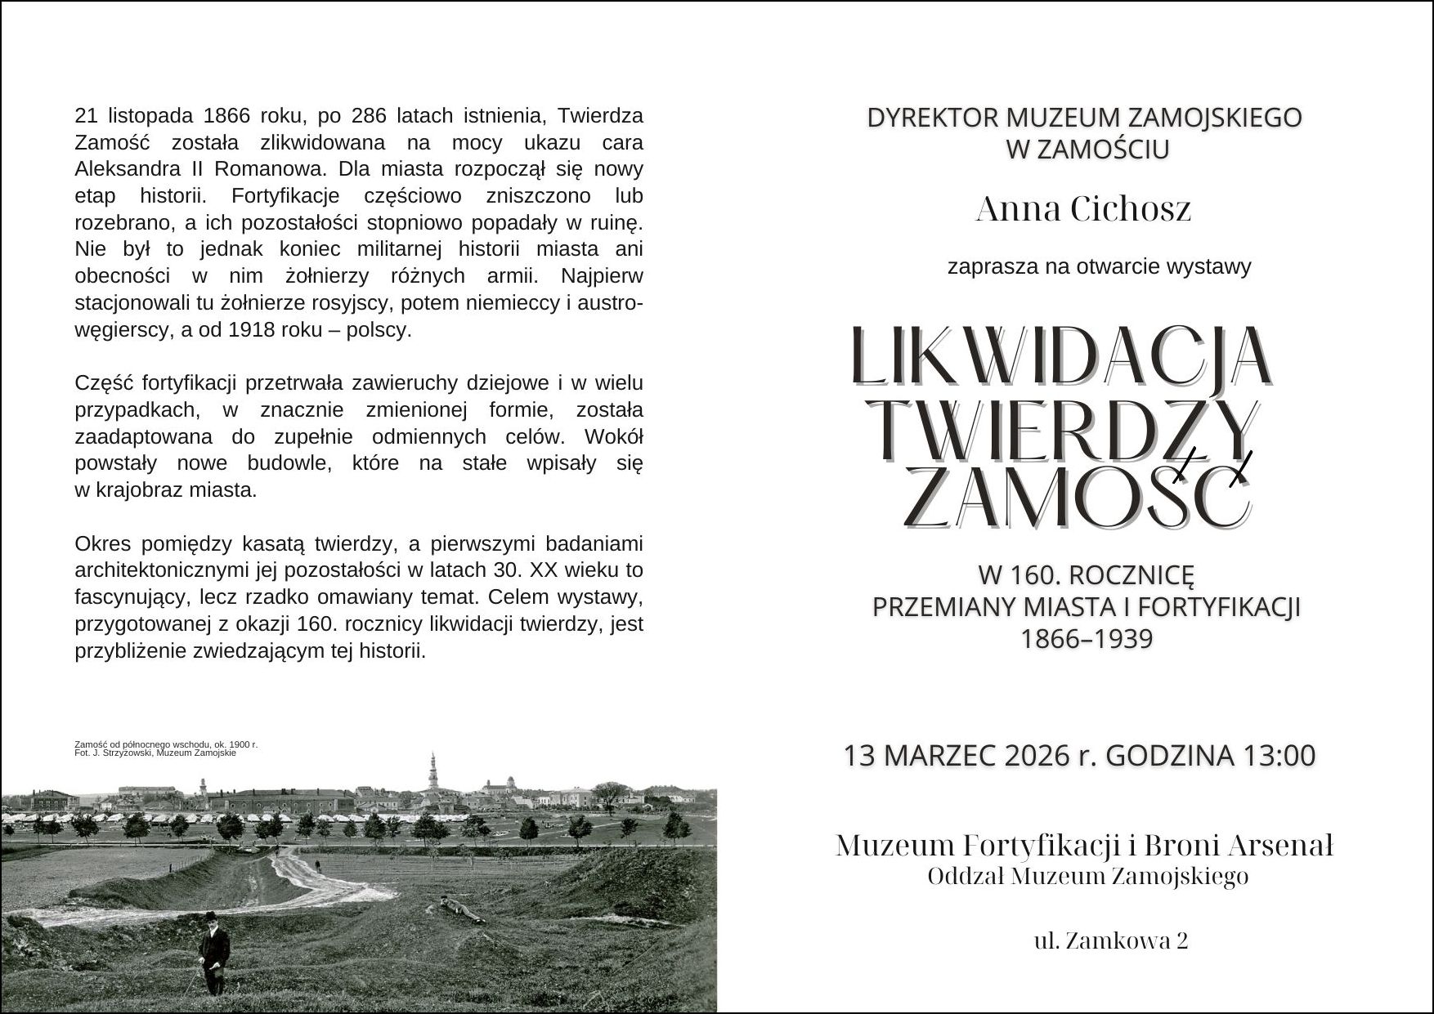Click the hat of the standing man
pos(213,916)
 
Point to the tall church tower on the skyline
pos(432,771)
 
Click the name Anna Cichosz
pos(1083,210)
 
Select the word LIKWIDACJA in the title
pos(1060,357)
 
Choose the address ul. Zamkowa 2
pos(1111,941)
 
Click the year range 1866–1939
pos(1087,638)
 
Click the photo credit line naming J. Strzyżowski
pos(155,753)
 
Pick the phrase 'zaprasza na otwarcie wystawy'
pos(1099,267)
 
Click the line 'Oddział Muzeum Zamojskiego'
pos(1087,877)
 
